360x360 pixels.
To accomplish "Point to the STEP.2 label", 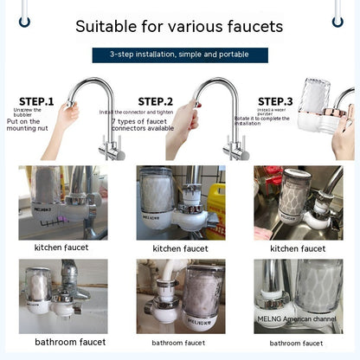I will pos(156,101).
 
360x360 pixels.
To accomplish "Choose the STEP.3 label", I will pos(275,101).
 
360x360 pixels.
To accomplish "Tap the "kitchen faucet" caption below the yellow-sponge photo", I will pos(180,248).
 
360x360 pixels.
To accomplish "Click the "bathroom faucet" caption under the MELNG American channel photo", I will pos(298,343).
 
